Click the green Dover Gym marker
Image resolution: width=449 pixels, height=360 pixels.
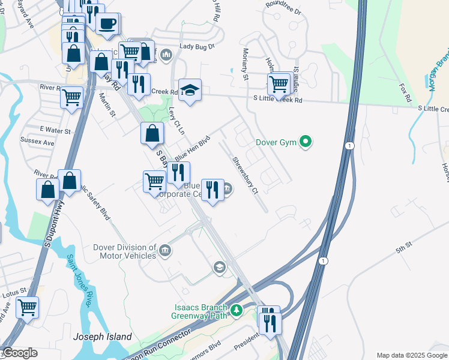306,142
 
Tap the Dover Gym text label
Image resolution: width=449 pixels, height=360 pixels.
277,142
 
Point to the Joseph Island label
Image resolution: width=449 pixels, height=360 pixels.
102,337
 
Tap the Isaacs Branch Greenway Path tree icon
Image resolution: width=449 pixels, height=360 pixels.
237,310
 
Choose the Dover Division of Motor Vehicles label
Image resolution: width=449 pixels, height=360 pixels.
125,251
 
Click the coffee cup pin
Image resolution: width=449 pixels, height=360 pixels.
107,24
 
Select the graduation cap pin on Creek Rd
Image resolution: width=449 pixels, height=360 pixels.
190,91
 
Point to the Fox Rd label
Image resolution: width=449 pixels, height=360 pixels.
406,93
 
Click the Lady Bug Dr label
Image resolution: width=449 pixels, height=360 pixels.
197,46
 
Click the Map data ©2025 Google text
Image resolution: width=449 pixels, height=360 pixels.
411,355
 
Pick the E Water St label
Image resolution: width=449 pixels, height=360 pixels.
55,130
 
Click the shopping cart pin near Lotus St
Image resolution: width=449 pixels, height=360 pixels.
27,308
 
